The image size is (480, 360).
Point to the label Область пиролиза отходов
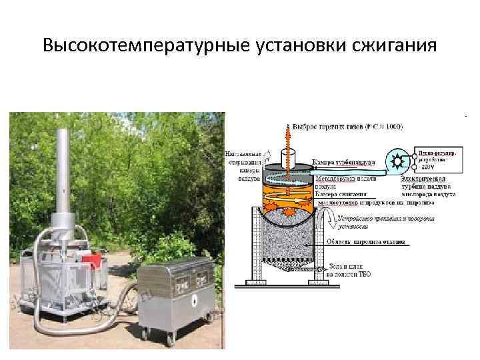364,243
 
